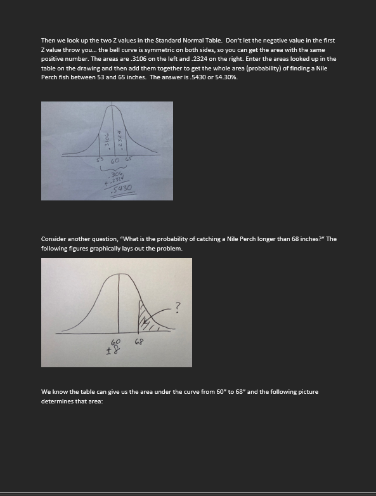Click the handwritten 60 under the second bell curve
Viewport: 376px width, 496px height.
click(x=116, y=342)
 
